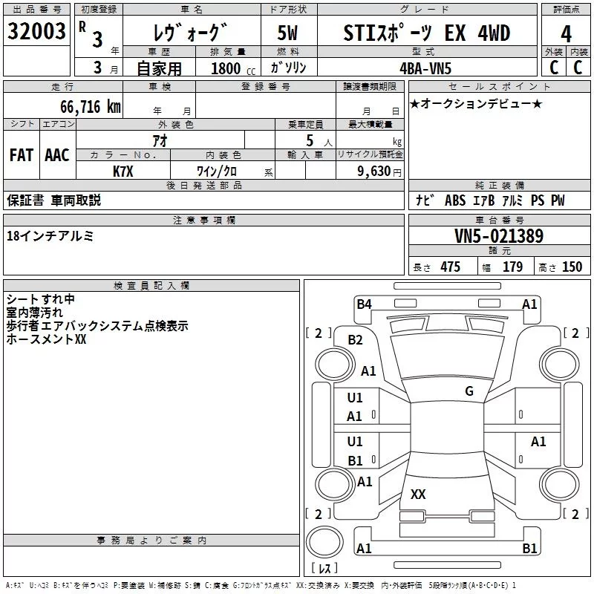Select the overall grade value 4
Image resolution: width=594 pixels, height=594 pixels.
point(567,34)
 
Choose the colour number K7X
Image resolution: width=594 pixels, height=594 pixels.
point(123,171)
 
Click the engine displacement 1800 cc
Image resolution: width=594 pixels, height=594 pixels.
point(226,68)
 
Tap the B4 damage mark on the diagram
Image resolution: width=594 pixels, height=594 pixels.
point(364,304)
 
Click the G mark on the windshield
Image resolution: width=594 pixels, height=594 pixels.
point(469,391)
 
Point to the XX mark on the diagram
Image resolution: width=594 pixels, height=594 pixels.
point(418,494)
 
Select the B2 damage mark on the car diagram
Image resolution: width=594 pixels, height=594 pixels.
point(356,339)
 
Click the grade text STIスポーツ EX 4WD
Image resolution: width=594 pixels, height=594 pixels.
point(427,33)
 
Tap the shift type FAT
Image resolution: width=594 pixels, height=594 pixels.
point(22,154)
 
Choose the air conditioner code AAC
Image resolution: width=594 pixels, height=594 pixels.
point(56,154)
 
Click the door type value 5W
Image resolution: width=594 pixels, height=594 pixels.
point(287,33)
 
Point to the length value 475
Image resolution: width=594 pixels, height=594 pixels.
point(450,267)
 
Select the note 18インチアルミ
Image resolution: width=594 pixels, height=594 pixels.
point(50,236)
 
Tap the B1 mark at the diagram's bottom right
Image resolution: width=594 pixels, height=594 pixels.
point(529,549)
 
